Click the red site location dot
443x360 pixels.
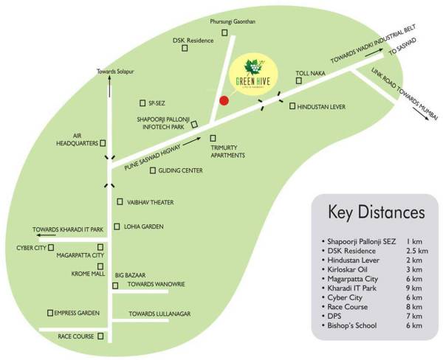click(x=224, y=101)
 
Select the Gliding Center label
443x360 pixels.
click(x=181, y=170)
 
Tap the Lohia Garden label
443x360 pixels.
click(x=144, y=226)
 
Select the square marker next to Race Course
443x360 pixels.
click(x=100, y=336)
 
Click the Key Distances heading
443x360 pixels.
click(x=376, y=212)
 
